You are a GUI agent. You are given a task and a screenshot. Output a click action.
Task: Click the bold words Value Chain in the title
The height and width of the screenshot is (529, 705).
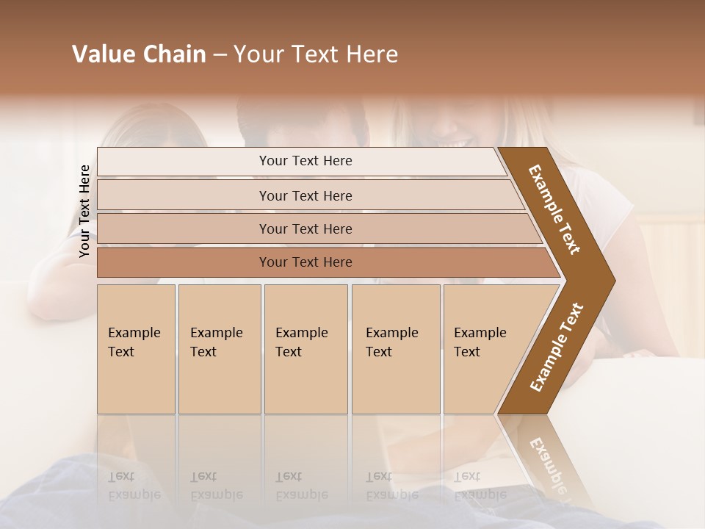click(139, 54)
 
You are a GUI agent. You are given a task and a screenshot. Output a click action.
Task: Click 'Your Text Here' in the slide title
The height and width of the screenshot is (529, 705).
click(316, 54)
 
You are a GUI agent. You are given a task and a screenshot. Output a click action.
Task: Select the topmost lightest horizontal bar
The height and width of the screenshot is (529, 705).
click(305, 161)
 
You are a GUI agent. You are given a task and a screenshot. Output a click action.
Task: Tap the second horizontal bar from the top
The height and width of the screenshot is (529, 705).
click(305, 195)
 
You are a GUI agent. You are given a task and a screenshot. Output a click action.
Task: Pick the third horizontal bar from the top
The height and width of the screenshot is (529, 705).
click(305, 228)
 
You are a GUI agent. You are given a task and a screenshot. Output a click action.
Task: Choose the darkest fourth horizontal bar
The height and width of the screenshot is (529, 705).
click(305, 262)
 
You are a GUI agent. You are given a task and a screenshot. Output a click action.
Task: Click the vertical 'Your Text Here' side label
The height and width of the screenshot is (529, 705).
click(84, 211)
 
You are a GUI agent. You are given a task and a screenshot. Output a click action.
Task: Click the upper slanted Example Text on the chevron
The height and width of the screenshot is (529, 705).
click(554, 209)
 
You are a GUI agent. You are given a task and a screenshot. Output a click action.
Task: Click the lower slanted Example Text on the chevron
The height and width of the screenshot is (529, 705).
click(556, 348)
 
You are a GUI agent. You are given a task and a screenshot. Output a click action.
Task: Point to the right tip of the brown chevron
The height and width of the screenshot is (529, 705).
click(613, 281)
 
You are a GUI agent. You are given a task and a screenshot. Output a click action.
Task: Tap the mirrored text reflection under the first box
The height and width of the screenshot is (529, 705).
click(134, 486)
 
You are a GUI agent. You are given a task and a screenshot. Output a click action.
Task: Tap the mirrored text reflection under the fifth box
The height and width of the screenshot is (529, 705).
click(480, 486)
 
